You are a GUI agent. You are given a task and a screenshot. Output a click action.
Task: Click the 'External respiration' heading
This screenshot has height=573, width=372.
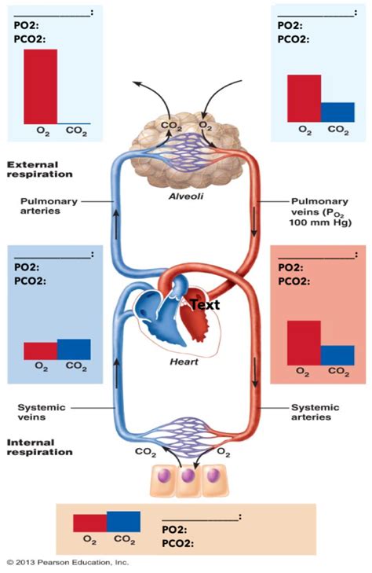39,169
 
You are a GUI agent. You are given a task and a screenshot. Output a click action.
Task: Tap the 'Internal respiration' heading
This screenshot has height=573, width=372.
39,446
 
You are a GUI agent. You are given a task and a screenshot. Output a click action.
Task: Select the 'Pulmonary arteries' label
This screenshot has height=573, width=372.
49,206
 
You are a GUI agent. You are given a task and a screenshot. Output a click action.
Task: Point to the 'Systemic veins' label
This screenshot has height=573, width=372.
42,413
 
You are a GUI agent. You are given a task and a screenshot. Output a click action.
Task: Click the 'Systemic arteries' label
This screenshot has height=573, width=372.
315,413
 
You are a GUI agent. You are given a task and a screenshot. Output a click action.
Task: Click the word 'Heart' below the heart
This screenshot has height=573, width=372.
186,362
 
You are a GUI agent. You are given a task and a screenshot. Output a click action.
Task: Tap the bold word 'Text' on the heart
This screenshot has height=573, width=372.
203,304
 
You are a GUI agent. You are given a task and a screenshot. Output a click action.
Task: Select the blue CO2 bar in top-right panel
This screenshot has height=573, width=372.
337,112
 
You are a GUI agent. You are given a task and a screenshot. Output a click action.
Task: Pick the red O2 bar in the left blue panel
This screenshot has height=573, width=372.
40,351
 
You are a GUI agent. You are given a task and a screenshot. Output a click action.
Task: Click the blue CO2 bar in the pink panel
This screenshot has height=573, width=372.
337,355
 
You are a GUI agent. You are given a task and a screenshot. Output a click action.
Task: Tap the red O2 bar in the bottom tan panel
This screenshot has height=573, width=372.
89,523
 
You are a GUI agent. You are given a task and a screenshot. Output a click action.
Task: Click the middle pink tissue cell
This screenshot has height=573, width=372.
187,478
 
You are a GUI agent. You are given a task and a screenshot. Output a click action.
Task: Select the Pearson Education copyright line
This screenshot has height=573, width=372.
67,563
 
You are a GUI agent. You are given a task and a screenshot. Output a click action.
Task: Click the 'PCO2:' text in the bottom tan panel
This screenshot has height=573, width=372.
177,542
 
